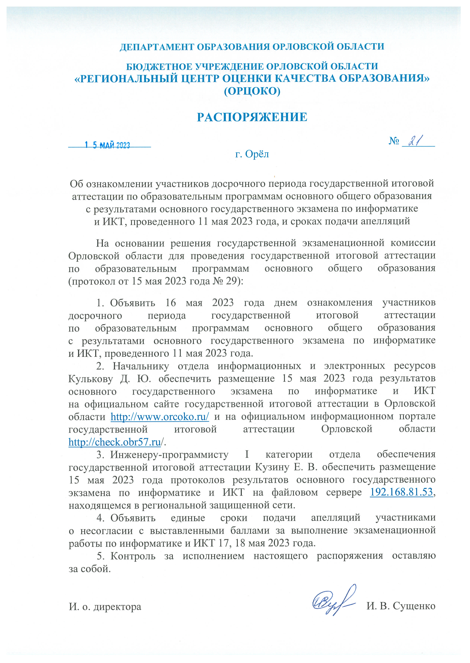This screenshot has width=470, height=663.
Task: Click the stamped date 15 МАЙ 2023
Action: click(107, 145)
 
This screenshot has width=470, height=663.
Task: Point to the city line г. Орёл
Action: click(252, 154)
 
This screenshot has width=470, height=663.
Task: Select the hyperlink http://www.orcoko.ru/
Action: click(160, 417)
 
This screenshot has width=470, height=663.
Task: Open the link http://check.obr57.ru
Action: click(115, 442)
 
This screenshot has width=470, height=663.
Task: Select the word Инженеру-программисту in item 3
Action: click(169, 454)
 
